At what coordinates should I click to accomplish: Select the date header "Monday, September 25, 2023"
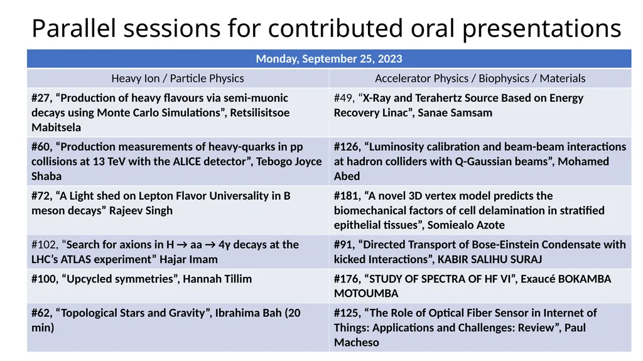point(328,59)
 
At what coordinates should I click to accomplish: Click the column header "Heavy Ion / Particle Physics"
point(178,78)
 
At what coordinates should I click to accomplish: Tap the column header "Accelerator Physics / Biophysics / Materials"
point(480,78)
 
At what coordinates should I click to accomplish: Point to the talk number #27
point(41,98)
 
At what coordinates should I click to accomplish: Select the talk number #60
point(41,147)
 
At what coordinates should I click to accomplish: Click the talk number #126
point(347,147)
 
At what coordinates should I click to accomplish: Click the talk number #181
point(347,196)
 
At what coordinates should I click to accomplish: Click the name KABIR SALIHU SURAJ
point(490,259)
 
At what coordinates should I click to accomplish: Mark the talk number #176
point(347,279)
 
